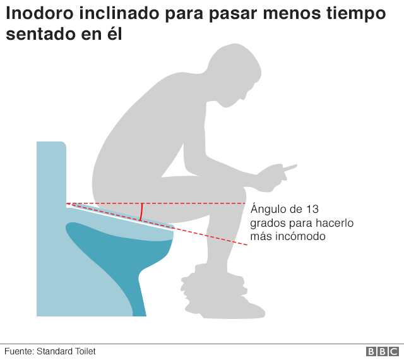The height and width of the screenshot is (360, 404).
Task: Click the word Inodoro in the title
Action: tap(40, 13)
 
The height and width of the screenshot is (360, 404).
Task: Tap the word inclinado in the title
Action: tap(119, 13)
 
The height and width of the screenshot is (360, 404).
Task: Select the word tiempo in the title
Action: tap(357, 14)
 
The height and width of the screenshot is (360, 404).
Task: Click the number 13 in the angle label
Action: tap(312, 209)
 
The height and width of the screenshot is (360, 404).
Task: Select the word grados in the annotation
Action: tap(268, 224)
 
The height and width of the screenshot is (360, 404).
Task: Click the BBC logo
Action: tap(383, 351)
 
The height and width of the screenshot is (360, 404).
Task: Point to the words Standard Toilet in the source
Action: tap(66, 351)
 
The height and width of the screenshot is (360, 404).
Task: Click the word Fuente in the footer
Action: tap(19, 351)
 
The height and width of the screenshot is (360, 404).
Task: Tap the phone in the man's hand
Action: tap(290, 167)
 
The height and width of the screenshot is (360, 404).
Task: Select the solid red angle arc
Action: tap(141, 212)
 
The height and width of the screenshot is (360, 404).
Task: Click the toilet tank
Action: tap(51, 173)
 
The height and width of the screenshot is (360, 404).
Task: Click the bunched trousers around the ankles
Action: tap(213, 282)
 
